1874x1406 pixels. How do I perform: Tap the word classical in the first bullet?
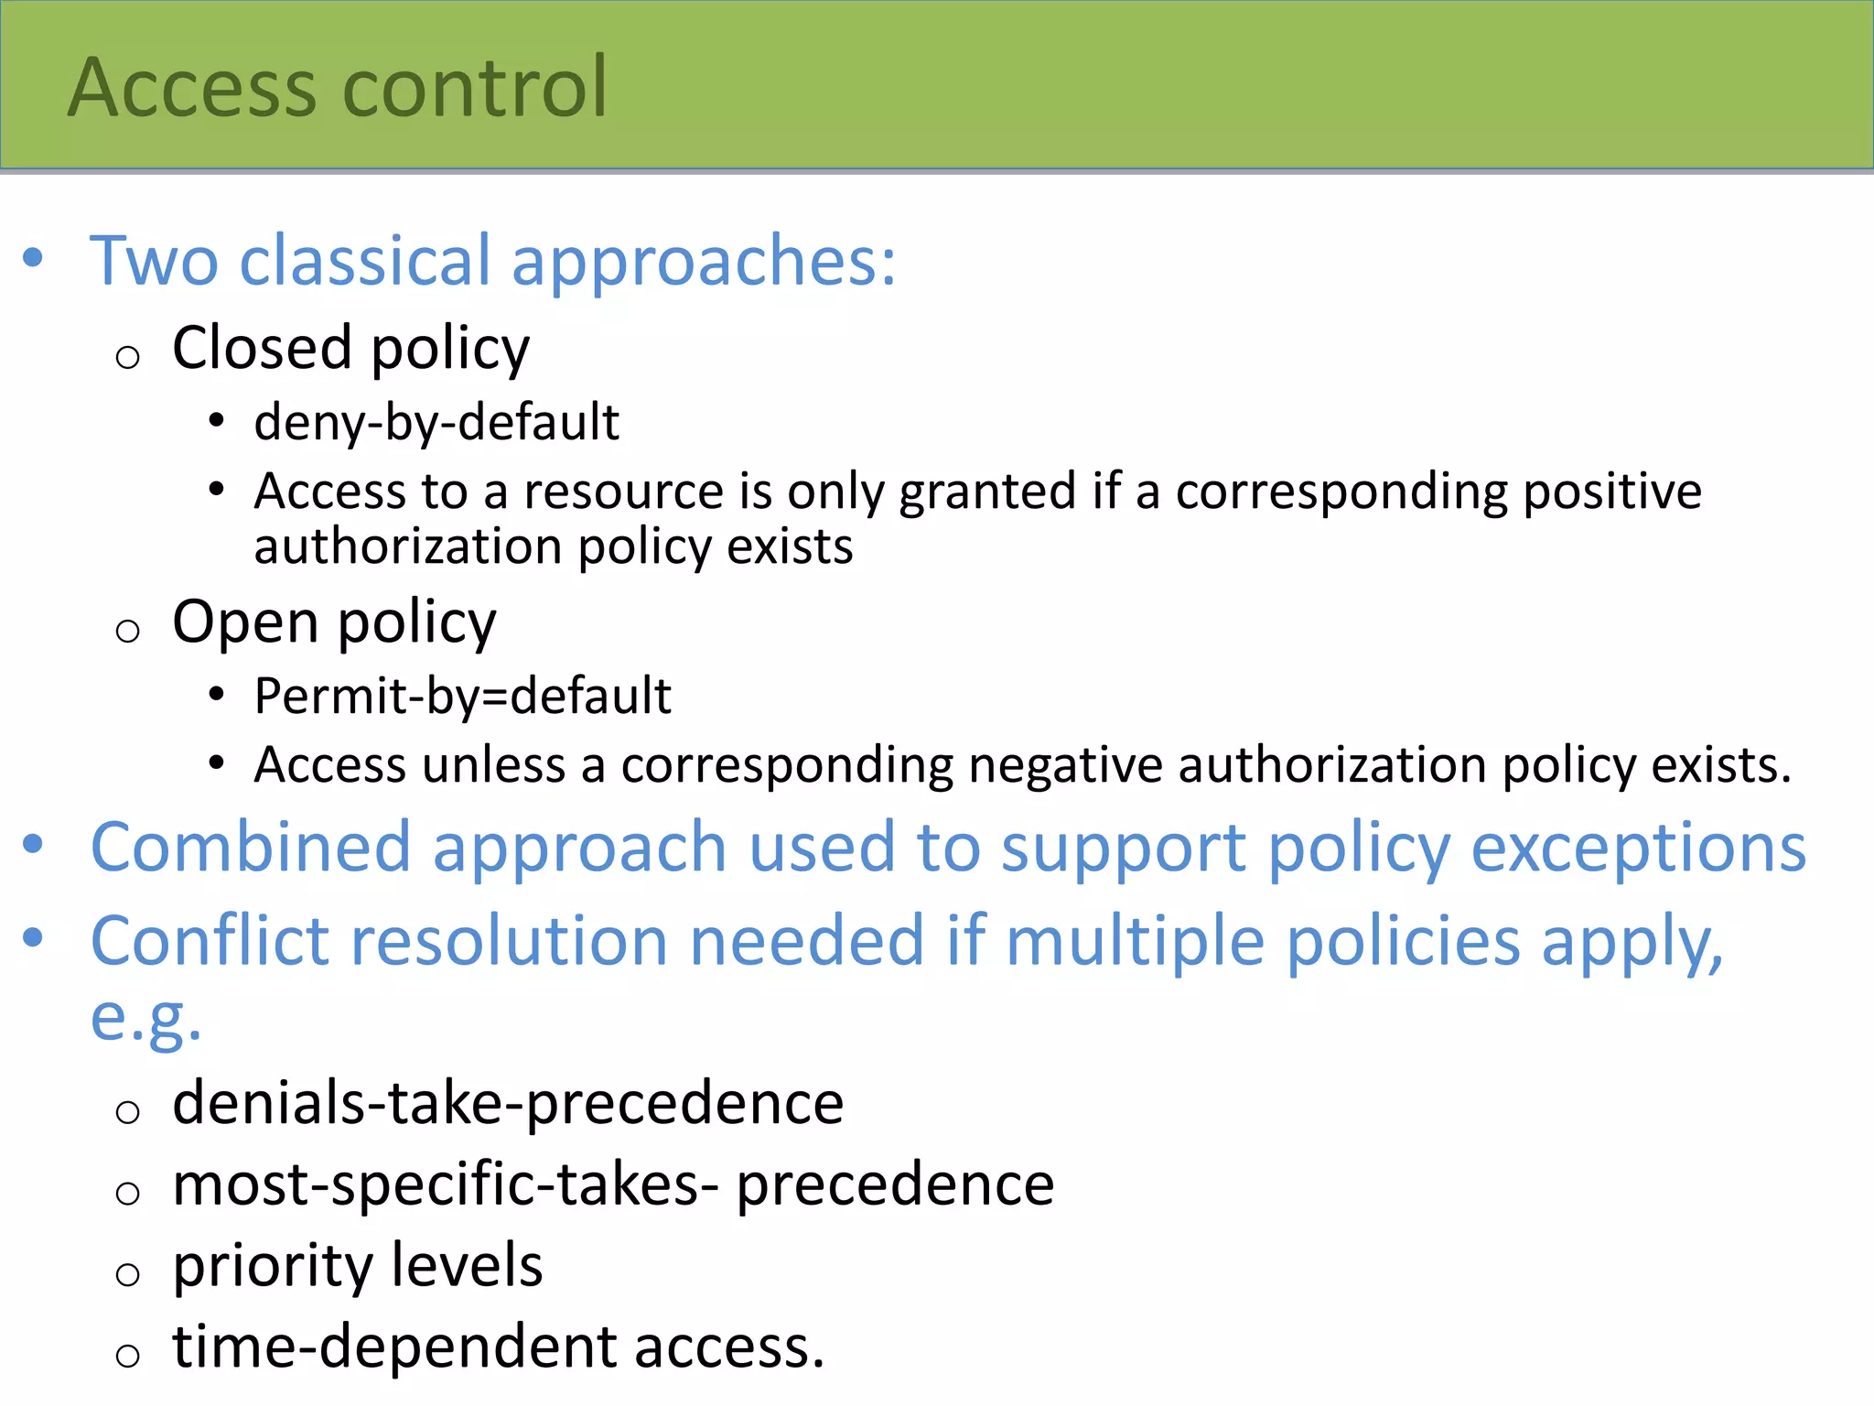[x=365, y=261]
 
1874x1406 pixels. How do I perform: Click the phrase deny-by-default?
[x=436, y=423]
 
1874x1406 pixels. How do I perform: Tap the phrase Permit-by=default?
[x=462, y=697]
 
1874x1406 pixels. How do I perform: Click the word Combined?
[x=251, y=848]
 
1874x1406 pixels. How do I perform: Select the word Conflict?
[x=210, y=941]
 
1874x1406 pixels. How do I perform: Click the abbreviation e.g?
[x=145, y=1018]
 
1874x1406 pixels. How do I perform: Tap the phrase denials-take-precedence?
[x=508, y=1103]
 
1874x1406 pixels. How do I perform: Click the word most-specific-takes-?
[x=445, y=1184]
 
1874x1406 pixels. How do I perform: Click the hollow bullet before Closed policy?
[x=128, y=357]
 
